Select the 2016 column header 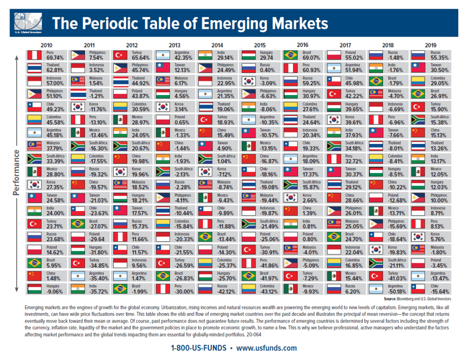click(302, 45)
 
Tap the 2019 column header click(430, 45)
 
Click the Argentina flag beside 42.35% click(163, 56)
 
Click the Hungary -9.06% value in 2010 click(54, 289)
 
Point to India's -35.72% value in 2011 click(97, 289)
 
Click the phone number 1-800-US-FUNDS click(199, 348)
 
